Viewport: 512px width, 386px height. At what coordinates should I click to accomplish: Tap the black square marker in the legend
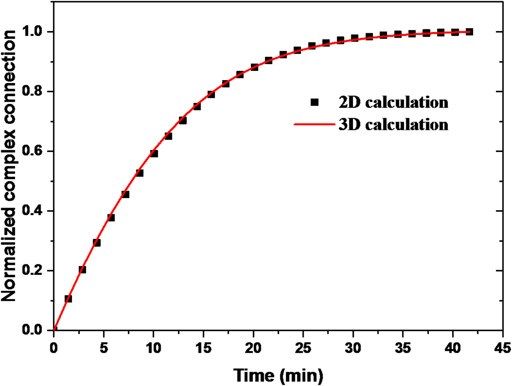(315, 103)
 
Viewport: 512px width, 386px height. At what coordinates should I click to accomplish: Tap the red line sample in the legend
(315, 125)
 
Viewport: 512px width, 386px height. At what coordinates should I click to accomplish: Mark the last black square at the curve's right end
(469, 32)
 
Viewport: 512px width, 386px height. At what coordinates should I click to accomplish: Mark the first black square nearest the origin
(68, 299)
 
